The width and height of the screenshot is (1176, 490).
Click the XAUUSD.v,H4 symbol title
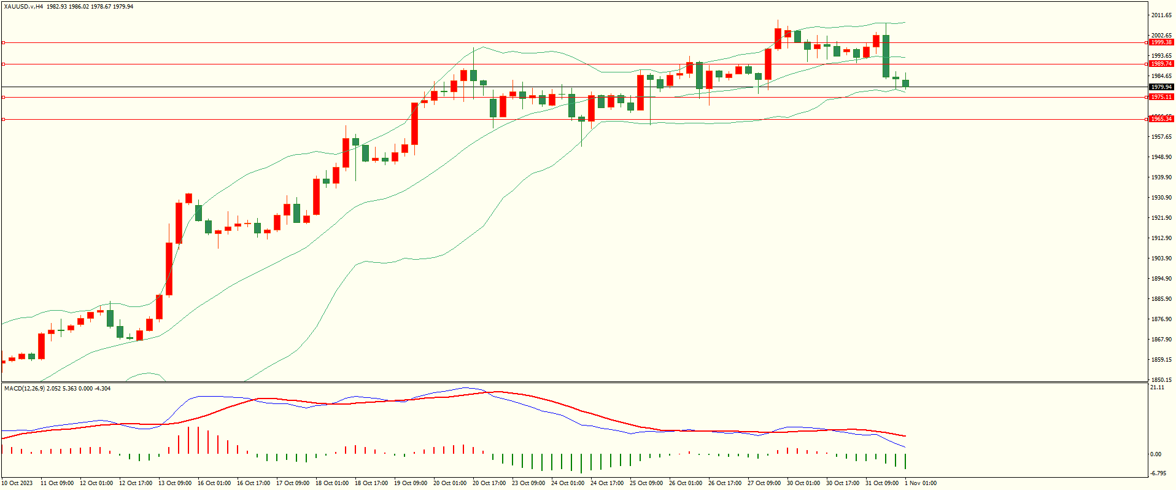[x=23, y=7]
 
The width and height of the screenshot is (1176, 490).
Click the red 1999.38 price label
[x=1161, y=42]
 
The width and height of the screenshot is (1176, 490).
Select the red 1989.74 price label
[x=1161, y=64]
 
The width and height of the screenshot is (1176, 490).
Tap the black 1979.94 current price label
[x=1161, y=87]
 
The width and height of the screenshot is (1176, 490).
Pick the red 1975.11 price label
[x=1161, y=97]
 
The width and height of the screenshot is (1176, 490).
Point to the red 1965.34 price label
[x=1161, y=119]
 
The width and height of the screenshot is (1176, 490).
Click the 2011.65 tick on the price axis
[x=1161, y=15]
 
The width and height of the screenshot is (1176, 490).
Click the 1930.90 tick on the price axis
[x=1161, y=198]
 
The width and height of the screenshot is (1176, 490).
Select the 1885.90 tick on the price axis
[x=1161, y=299]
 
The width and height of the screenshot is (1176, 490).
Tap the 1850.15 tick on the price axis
[x=1161, y=379]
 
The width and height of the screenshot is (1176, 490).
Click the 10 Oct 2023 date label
[x=18, y=483]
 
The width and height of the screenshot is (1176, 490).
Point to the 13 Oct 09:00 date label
[x=175, y=483]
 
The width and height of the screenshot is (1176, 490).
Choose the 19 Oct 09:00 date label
[x=411, y=483]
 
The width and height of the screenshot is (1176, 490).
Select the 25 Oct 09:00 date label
[x=646, y=483]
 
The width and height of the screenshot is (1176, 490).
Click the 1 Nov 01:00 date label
[x=921, y=483]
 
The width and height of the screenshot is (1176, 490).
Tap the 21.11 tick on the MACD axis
[x=1157, y=387]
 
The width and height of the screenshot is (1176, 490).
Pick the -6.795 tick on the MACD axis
[x=1158, y=473]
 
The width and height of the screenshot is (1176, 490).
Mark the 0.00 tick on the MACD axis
[x=1156, y=454]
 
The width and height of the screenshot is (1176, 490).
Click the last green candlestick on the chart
[x=905, y=83]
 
